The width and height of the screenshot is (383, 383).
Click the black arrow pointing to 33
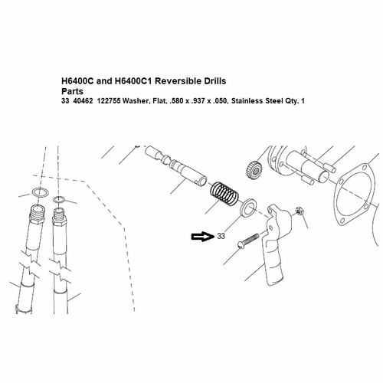(x=203, y=237)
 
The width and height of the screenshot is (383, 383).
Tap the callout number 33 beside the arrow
(x=221, y=236)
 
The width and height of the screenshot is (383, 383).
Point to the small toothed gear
(x=254, y=170)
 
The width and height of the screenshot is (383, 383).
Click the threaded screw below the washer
(x=248, y=241)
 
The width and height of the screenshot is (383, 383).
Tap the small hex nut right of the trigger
(x=298, y=211)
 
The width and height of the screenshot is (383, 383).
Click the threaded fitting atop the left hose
(x=38, y=214)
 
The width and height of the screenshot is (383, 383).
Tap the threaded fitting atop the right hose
(x=60, y=216)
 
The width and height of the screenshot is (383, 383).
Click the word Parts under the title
(x=72, y=91)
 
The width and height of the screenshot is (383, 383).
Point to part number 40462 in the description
(x=83, y=101)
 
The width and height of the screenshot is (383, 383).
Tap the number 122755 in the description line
(x=109, y=101)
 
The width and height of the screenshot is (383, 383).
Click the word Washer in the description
(x=136, y=101)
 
